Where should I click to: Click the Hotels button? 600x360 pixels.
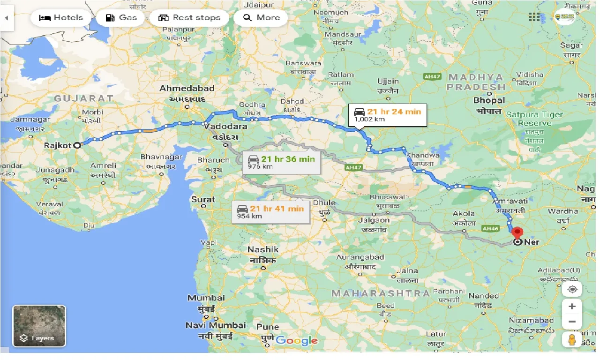pos(60,18)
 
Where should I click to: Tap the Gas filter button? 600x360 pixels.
pos(121,18)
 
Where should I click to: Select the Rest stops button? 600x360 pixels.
pos(189,18)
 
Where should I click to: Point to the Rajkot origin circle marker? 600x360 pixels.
pos(77,145)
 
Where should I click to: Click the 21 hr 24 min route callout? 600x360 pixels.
pos(387,115)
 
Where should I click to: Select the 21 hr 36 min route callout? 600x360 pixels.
pos(281,162)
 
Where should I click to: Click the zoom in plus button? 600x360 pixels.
pos(572,307)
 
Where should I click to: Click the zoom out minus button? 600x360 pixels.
pos(572,322)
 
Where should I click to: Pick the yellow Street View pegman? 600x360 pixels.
pos(572,340)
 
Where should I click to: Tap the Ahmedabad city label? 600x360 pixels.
pos(187,88)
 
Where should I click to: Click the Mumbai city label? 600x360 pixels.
pos(206,298)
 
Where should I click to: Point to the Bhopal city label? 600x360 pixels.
pos(489,100)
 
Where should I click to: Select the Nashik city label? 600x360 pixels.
pos(263,250)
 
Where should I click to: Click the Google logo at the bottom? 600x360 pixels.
pos(297,341)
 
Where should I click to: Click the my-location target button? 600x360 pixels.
pos(572,289)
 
